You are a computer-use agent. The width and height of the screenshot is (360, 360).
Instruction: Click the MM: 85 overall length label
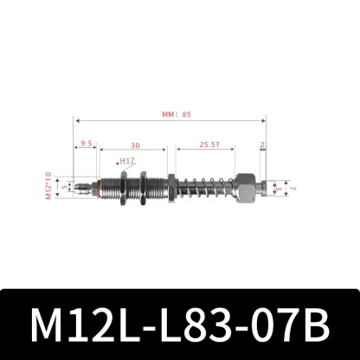point(170,112)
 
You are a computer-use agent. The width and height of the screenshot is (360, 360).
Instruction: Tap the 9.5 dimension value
point(86,145)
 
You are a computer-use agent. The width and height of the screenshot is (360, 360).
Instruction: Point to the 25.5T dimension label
point(207,145)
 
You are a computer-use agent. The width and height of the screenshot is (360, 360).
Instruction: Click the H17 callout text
point(128,161)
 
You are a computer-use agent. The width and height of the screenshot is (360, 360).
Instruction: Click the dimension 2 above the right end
point(263,145)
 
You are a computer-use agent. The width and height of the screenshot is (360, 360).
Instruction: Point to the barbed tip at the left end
point(82,185)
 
